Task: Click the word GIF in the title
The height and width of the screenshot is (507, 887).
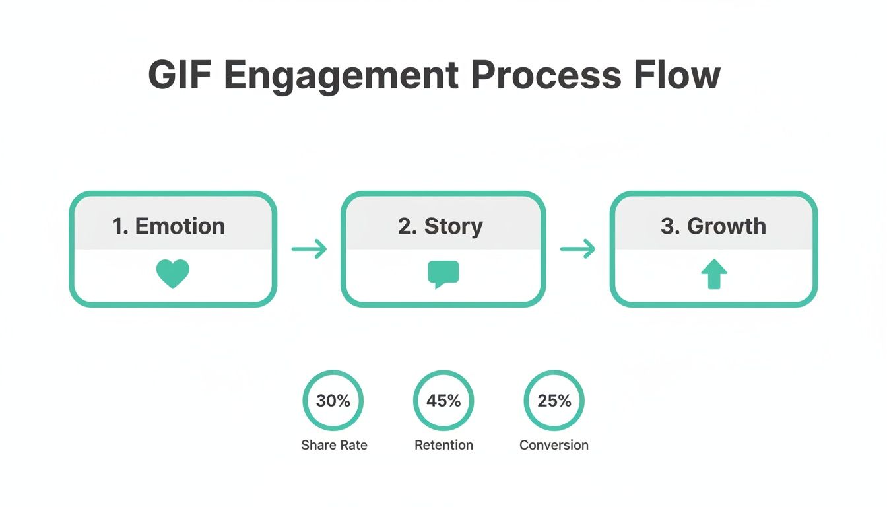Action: [180, 75]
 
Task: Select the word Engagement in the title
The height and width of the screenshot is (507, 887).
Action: [341, 75]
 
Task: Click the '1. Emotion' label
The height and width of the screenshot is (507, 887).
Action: [168, 226]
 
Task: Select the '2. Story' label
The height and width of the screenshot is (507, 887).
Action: [440, 226]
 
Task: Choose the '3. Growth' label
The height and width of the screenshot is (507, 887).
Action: [713, 226]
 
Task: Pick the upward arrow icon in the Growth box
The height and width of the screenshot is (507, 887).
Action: [713, 274]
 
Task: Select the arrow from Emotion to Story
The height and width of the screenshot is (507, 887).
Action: [309, 249]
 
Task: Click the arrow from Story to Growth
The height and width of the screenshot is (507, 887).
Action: [577, 249]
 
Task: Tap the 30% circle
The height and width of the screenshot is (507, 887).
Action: [333, 401]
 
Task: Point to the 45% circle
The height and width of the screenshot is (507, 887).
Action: [443, 401]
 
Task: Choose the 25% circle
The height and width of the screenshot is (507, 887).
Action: [554, 401]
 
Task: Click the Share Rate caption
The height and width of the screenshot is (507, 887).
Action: [334, 445]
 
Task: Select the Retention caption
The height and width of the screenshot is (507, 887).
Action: [443, 445]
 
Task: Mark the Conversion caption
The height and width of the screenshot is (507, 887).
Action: [554, 445]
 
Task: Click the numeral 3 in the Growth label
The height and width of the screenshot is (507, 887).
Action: [667, 226]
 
